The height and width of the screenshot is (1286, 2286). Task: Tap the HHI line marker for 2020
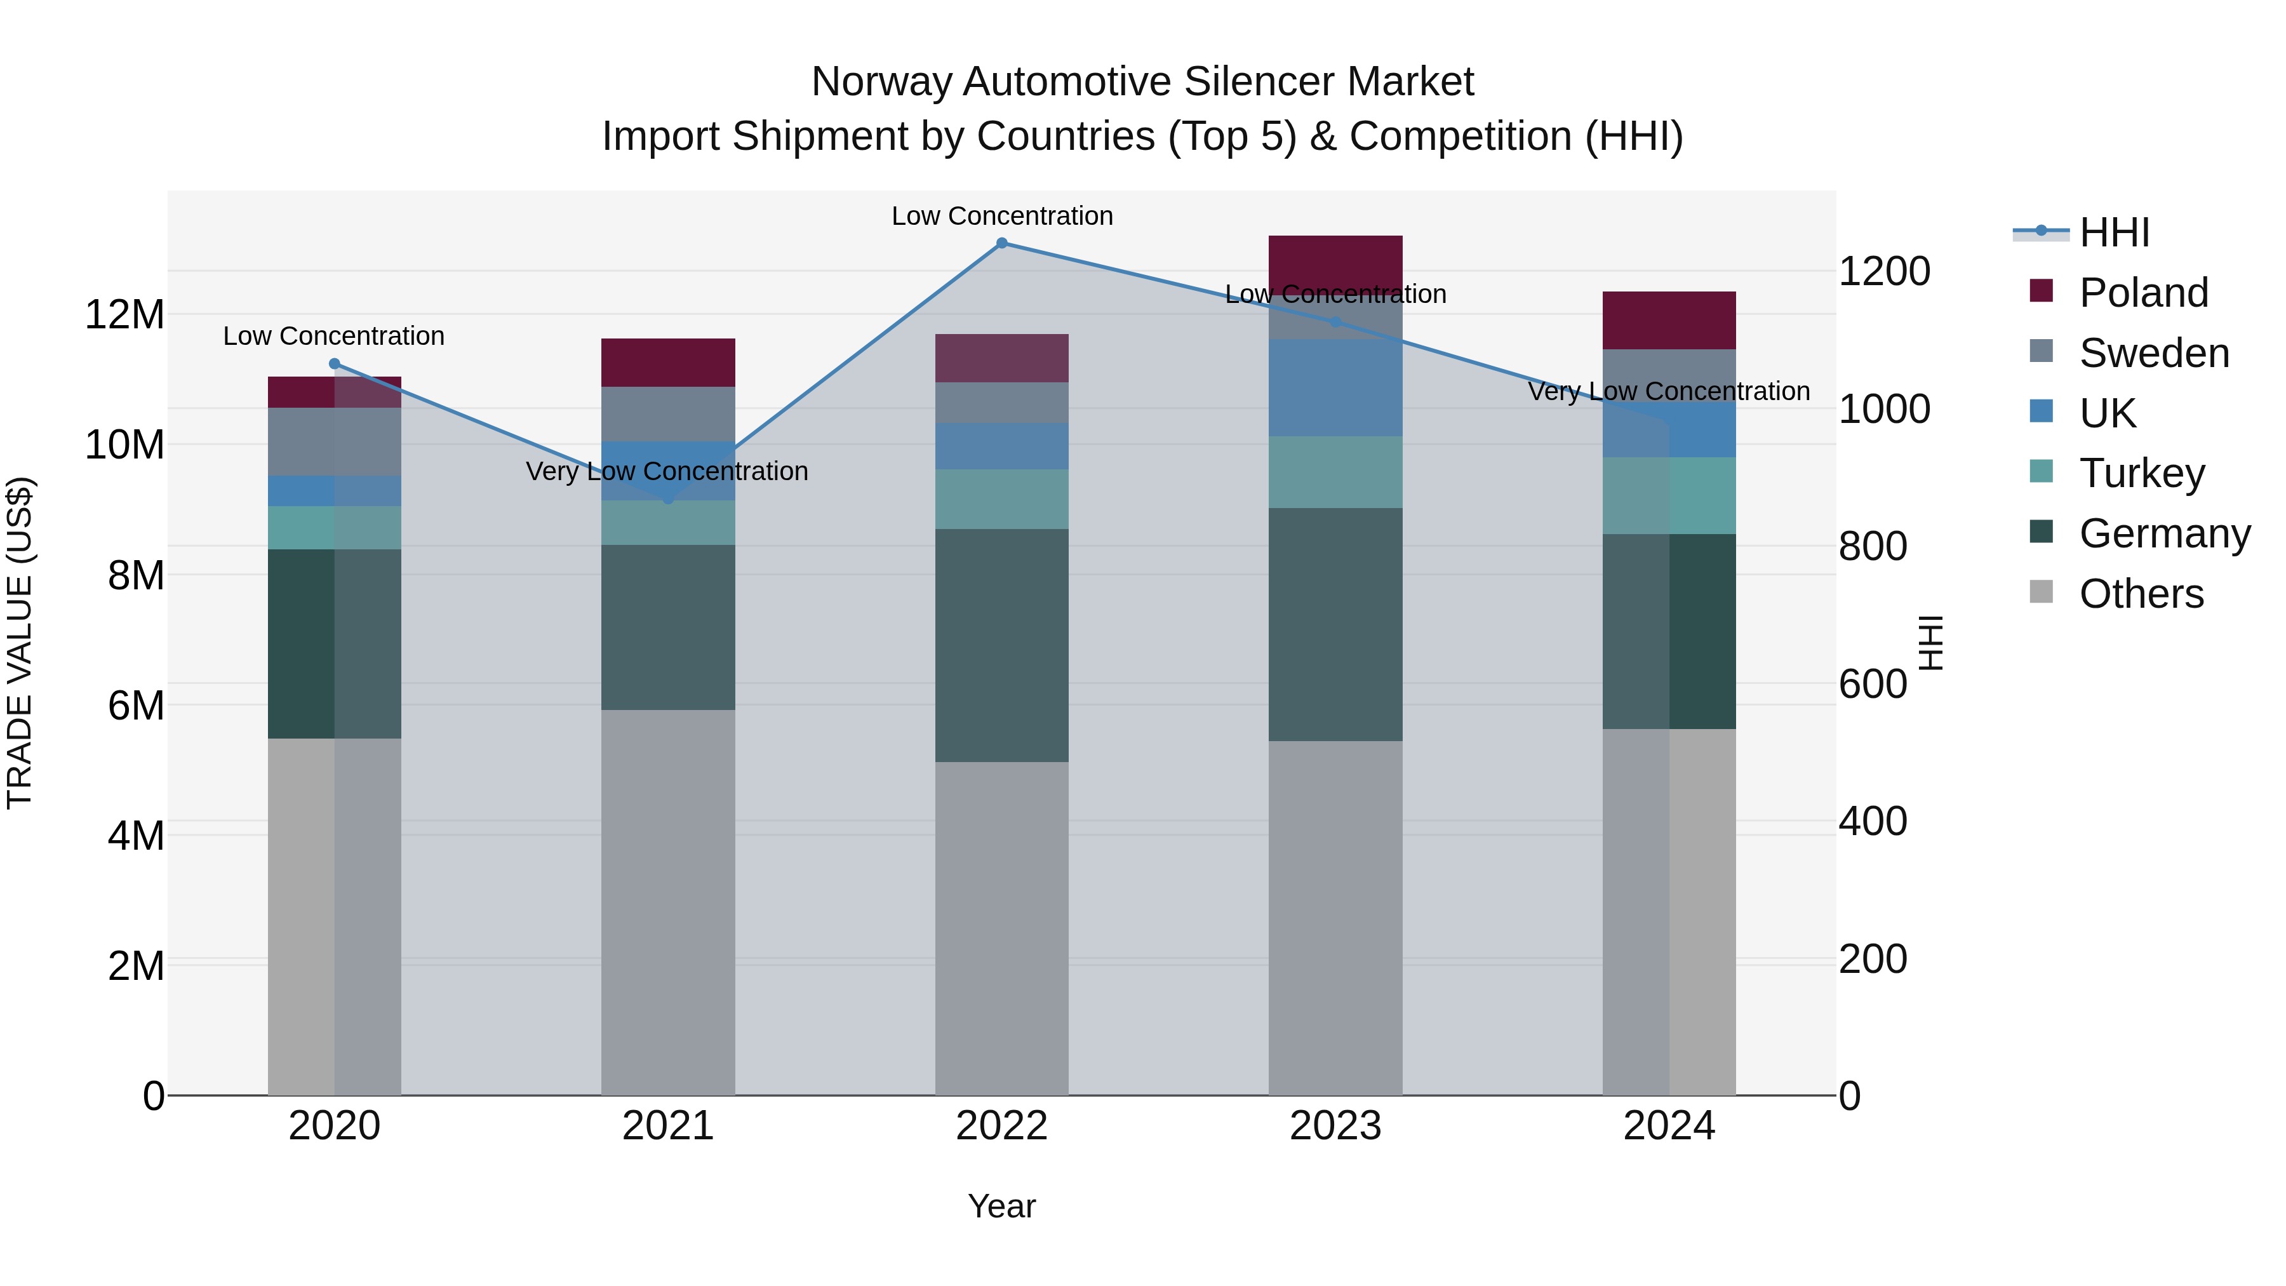(335, 364)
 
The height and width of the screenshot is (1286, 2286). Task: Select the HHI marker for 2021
(668, 500)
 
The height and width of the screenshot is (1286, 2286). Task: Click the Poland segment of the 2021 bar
(668, 362)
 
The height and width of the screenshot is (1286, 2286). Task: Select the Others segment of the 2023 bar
(1335, 918)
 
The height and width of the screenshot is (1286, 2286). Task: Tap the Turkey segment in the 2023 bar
(1335, 472)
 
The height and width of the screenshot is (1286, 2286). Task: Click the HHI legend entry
(2114, 232)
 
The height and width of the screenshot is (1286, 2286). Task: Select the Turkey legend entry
(2141, 473)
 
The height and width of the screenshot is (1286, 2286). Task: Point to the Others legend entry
(2141, 594)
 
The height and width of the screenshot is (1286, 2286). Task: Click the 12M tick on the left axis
(124, 314)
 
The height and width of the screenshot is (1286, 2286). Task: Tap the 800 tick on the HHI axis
(1873, 547)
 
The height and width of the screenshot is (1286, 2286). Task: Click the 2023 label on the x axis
(1335, 1126)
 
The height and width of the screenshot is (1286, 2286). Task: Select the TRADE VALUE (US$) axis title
(20, 643)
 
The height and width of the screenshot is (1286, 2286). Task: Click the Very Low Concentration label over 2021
(667, 471)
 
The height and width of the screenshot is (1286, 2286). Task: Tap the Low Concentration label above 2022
(1002, 217)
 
